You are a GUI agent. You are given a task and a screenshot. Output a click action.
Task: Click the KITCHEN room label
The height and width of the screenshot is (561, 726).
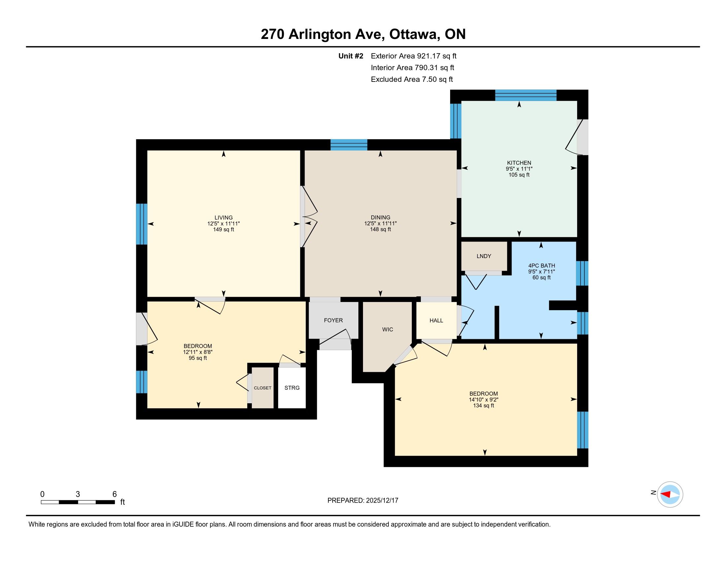[x=519, y=162]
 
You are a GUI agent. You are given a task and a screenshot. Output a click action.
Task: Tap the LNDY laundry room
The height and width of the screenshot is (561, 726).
[x=484, y=256]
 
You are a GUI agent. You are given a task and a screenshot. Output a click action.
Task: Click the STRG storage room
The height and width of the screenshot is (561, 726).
[x=292, y=387]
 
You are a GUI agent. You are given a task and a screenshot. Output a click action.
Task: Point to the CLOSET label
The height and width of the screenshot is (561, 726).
[x=263, y=388]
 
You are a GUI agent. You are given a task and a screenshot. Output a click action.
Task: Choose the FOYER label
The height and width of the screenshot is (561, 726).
[x=333, y=320]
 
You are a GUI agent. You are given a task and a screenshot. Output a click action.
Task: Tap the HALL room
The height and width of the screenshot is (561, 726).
[x=437, y=320]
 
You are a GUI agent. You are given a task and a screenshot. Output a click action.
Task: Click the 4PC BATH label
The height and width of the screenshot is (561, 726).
[x=542, y=266]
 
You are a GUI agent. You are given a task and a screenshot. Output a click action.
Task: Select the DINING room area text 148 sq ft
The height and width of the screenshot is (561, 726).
[x=380, y=229]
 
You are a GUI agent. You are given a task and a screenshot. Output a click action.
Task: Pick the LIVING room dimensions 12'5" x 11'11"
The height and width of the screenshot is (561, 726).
[x=224, y=224]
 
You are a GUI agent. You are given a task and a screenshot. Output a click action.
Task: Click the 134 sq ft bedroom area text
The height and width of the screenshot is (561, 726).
[x=484, y=406]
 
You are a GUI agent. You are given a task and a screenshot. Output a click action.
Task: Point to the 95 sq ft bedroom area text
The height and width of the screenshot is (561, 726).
[x=198, y=358]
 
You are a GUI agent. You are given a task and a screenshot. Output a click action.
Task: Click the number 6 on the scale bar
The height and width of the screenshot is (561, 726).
[x=115, y=494]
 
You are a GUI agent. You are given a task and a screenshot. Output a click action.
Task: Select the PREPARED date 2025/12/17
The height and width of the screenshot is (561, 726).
[x=381, y=501]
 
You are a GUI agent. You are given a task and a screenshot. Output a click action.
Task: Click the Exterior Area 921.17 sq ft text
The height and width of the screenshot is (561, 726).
[x=414, y=56]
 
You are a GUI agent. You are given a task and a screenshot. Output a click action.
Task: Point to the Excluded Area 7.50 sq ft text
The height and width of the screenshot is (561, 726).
[x=412, y=79]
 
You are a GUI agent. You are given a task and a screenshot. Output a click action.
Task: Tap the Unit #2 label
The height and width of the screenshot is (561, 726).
[x=351, y=56]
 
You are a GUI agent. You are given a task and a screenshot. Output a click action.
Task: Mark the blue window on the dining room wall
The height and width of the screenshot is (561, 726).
[x=349, y=145]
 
